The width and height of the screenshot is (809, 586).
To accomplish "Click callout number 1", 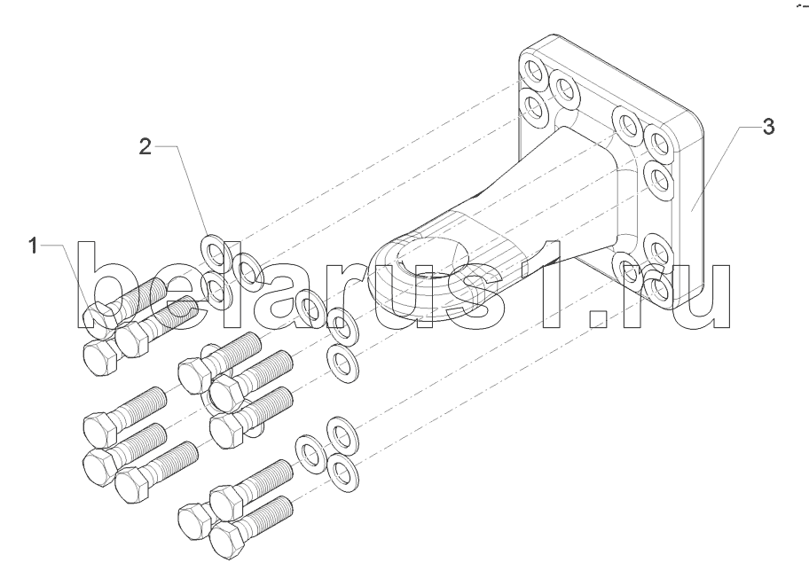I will coord(34,246).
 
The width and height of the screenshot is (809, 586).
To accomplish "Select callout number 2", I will coord(145,146).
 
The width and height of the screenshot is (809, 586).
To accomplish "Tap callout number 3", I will coord(768,127).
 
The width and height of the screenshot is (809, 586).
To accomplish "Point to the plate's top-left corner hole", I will coord(533,70).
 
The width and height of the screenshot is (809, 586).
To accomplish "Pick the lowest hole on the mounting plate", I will coord(656,288).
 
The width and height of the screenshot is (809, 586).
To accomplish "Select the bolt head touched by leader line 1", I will coord(97,314).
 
